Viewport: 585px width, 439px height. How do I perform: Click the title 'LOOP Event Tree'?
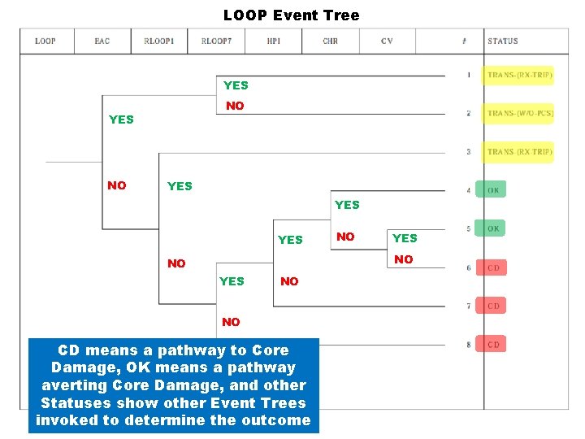point(291,15)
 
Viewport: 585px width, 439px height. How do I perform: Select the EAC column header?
point(102,41)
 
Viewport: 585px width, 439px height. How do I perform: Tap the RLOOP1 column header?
point(159,41)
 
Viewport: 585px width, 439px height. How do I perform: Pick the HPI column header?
point(274,41)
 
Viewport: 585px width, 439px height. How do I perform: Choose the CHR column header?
point(331,41)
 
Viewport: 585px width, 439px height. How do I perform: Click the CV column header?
point(387,41)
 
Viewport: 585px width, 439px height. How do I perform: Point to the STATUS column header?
point(503,41)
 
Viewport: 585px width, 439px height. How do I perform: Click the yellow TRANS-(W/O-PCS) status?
point(520,113)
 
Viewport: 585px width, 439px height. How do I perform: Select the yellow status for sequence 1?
point(520,76)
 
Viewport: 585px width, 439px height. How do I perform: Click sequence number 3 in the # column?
point(468,152)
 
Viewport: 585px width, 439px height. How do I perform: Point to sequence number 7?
point(468,306)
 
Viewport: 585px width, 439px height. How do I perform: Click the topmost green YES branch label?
point(236,85)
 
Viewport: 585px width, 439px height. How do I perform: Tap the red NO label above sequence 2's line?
point(235,106)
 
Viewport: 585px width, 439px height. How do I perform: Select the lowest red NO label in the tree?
point(231,322)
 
